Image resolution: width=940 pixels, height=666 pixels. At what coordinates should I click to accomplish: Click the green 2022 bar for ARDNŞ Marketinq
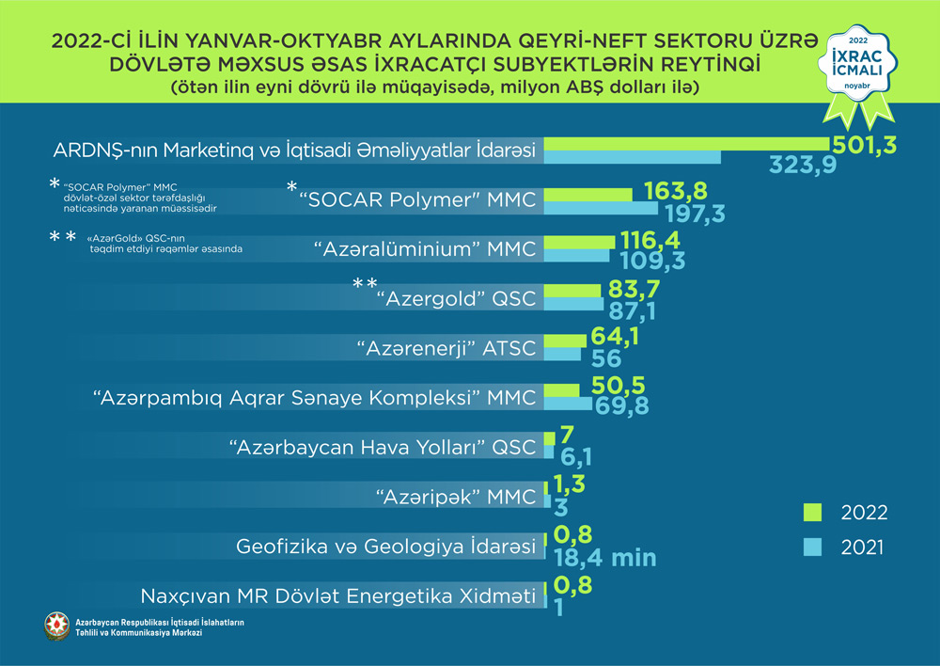686,143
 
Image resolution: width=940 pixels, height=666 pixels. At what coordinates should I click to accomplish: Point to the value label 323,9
804,166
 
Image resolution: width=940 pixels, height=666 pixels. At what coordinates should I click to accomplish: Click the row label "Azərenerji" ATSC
446,348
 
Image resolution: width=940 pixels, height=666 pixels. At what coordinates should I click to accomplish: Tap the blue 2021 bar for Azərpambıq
568,404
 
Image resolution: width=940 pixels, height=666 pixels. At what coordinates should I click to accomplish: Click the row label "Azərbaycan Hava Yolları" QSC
383,447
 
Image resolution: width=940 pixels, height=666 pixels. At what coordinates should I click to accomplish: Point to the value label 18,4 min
604,557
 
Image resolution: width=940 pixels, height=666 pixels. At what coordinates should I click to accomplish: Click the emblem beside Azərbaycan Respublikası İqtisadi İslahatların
57,627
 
